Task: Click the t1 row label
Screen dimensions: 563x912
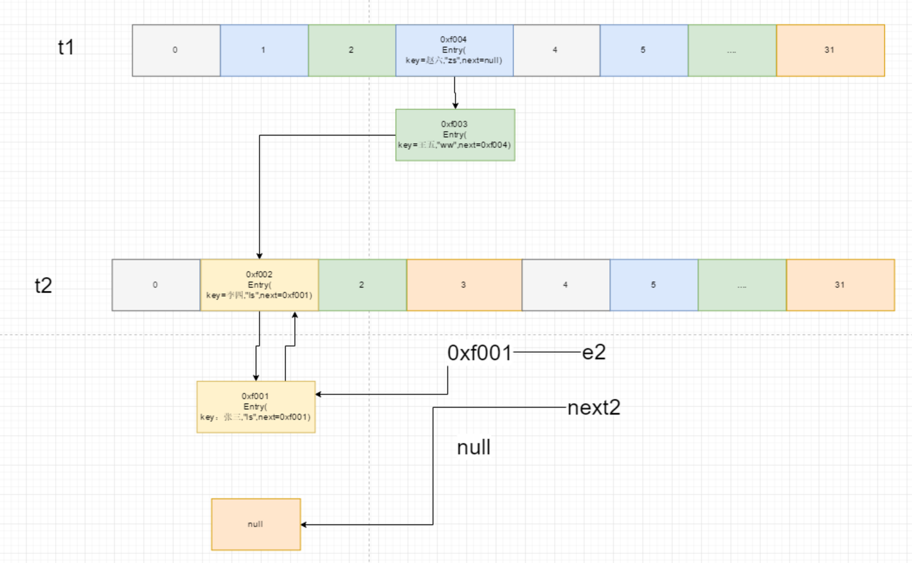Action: tap(66, 47)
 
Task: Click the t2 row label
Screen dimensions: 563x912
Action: tap(43, 285)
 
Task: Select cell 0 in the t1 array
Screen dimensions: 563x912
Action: tap(176, 50)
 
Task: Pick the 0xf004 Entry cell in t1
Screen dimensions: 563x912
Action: tap(454, 50)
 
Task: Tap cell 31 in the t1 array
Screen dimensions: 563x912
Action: tap(830, 50)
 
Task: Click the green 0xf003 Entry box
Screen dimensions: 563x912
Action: tap(455, 135)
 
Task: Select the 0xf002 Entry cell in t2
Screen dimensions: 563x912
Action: tap(260, 285)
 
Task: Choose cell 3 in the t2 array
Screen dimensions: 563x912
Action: tap(464, 285)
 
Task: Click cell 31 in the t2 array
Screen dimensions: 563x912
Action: tap(840, 285)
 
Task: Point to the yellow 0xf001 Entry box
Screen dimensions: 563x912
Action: tap(256, 407)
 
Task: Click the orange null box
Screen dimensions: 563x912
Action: tap(256, 524)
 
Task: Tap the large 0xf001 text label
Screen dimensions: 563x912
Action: tap(479, 353)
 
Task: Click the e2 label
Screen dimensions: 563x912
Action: tap(594, 352)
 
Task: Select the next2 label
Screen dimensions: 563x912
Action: tap(594, 407)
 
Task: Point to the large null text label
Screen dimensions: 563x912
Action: tap(474, 447)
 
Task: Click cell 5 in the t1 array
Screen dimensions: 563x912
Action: tap(643, 50)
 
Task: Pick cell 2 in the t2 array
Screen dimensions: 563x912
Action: tap(362, 285)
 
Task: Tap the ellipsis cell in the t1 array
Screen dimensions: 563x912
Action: tap(732, 50)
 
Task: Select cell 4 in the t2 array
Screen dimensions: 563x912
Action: tap(566, 285)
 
